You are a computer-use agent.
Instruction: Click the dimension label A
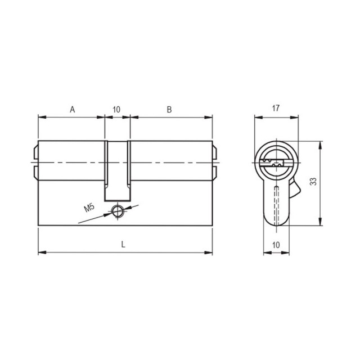(73, 110)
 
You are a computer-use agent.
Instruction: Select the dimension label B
(169, 110)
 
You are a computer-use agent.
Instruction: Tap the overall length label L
(123, 245)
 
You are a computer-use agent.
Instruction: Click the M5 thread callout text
(89, 208)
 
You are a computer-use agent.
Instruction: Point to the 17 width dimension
(276, 108)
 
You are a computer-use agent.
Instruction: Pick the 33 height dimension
(313, 181)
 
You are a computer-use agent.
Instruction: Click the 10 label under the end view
(276, 245)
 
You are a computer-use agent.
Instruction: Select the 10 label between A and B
(116, 110)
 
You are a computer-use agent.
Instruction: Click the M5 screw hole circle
(118, 211)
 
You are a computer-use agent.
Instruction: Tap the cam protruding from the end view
(295, 188)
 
